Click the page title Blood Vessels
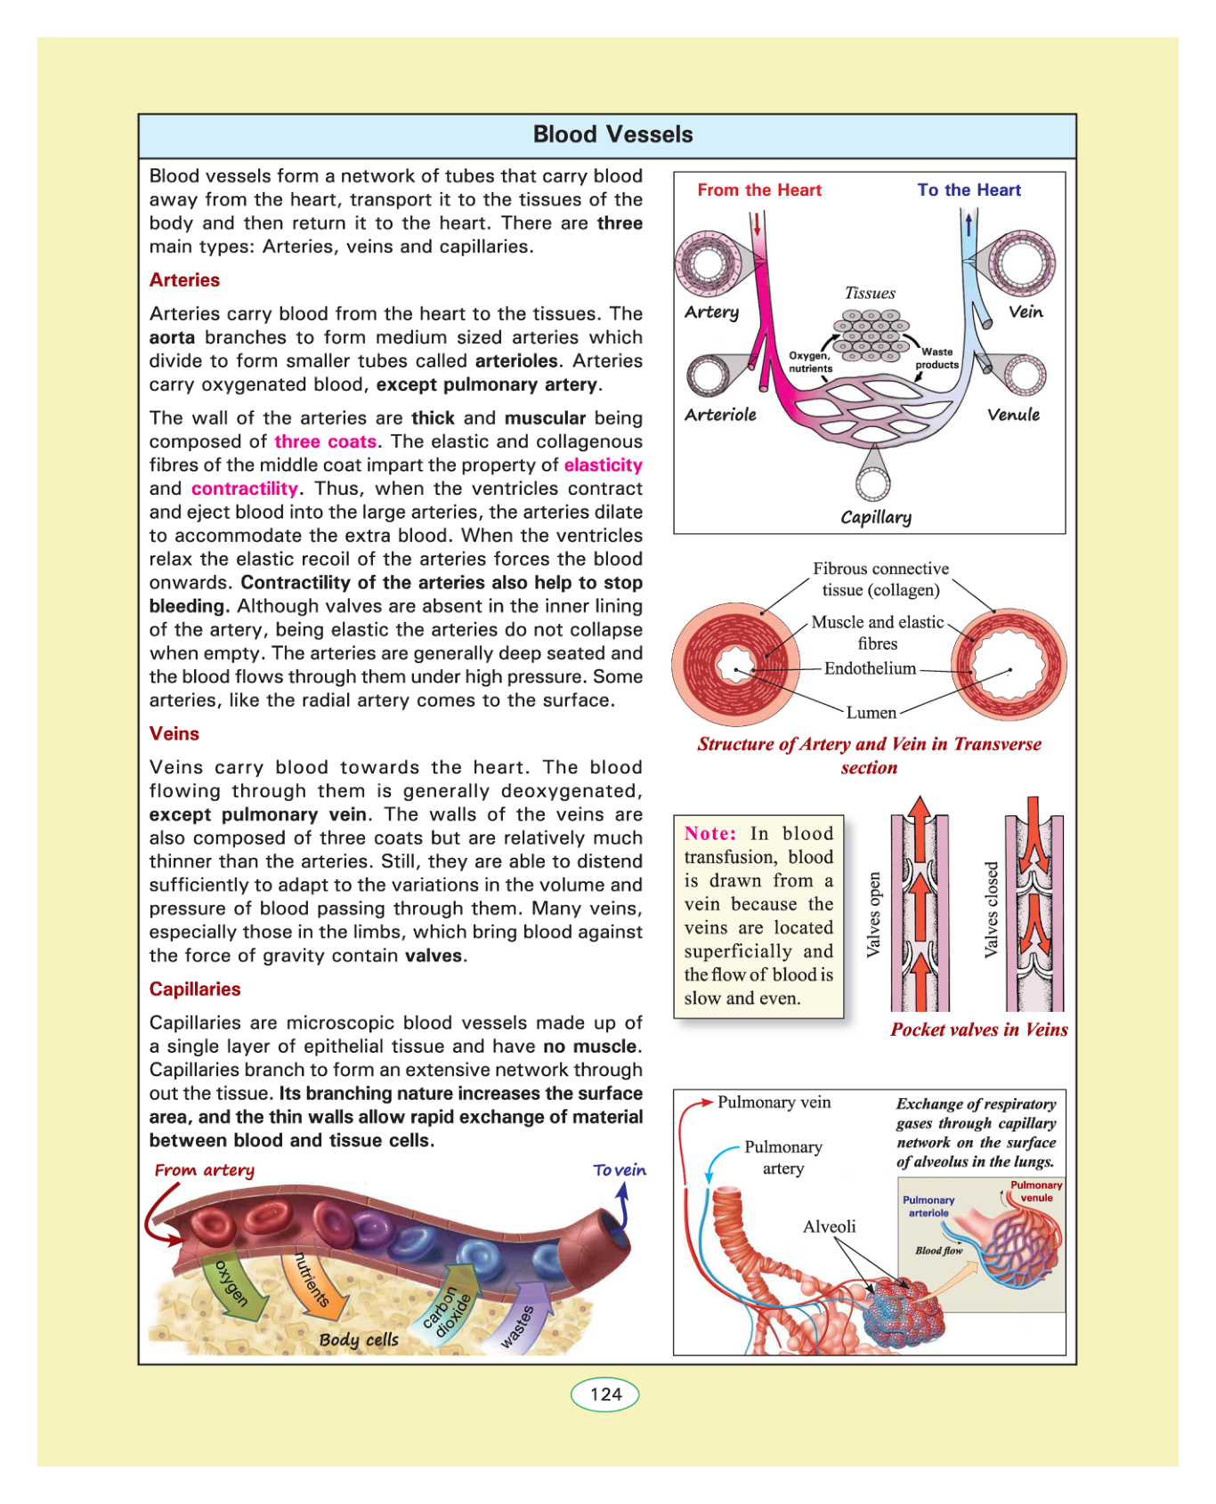612,134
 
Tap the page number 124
605,1394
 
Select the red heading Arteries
184,280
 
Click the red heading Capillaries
195,990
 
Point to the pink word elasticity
603,465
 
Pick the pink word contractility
245,489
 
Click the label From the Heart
759,190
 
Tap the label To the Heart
969,190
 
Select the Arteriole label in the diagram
720,415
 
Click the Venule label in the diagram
1013,415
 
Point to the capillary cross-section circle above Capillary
873,484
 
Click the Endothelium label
870,668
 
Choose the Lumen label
871,713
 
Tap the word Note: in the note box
710,834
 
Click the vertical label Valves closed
991,910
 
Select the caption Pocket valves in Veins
978,1030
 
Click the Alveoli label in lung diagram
829,1226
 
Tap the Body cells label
359,1340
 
